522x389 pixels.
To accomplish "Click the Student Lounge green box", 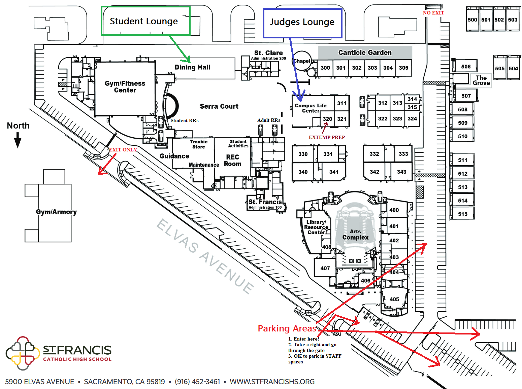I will point(145,21).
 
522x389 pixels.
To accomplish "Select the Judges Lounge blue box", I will point(302,23).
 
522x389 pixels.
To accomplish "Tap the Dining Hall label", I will point(192,67).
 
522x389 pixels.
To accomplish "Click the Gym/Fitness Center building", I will point(125,87).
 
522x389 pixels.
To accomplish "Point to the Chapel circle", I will point(302,61).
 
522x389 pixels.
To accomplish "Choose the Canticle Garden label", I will point(365,52).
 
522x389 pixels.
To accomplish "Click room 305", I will point(403,68).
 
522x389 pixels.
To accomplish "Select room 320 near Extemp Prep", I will point(327,119).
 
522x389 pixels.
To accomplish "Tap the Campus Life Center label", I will point(311,108).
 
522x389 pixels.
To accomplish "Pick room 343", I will point(401,172).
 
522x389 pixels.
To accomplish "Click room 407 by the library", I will point(325,268).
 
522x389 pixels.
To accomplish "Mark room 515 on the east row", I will point(462,214).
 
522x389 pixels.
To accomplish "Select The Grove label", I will point(481,80).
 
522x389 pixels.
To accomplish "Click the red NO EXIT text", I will point(433,13).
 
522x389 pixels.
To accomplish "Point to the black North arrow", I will point(18,140).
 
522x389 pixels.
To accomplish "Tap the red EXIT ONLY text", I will point(123,150).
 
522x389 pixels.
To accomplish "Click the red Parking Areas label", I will point(287,328).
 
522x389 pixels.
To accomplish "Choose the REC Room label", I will point(232,161).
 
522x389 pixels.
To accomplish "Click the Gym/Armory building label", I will point(56,212).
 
